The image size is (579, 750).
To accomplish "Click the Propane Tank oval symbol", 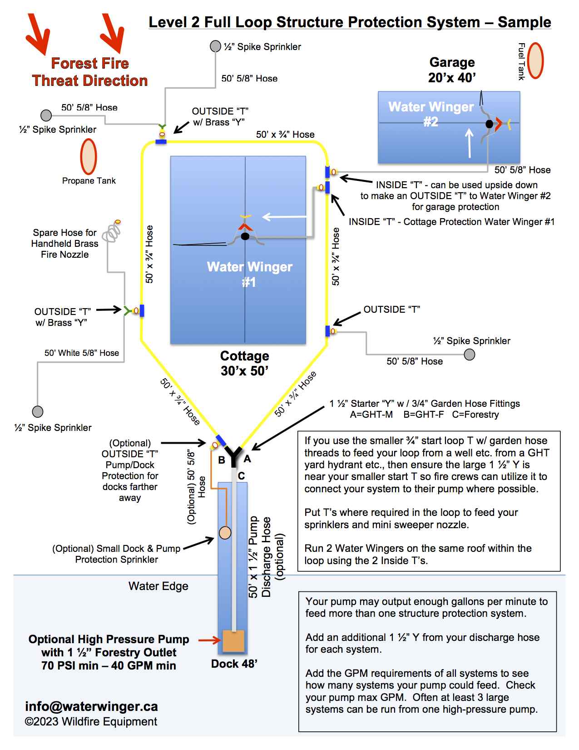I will point(89,156).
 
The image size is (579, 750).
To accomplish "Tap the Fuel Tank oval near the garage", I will point(536,61).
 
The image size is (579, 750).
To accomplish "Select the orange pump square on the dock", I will point(233,641).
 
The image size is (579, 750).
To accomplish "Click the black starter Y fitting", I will point(234,455).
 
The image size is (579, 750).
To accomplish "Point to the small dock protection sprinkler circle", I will point(225,532).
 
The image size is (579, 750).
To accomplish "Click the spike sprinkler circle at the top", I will point(215,46).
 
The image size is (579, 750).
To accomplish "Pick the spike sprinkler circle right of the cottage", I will point(470,354).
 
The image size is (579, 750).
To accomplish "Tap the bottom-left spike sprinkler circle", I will point(38,411).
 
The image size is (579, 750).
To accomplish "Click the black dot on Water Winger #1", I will point(245,236).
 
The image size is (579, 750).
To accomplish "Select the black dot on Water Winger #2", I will point(489,124).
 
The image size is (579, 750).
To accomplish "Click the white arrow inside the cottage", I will point(280,217).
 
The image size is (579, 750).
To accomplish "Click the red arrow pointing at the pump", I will point(209,640).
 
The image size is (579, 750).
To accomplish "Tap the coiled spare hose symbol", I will point(112,232).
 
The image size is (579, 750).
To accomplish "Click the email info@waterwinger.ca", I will point(91,706).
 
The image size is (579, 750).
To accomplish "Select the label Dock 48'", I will point(234,664).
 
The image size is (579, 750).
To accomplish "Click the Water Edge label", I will point(158,586).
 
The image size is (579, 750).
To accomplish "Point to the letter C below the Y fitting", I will point(241,476).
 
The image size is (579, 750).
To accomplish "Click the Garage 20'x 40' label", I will point(452,70).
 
